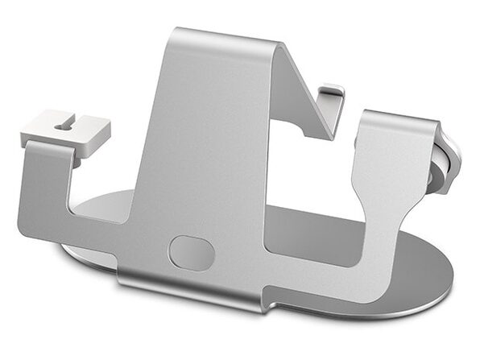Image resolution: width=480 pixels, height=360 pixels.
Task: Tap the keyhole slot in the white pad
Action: click(x=64, y=124)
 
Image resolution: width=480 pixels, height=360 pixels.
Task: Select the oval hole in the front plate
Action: click(x=191, y=252)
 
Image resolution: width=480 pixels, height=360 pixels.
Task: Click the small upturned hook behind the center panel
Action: click(x=331, y=95)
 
